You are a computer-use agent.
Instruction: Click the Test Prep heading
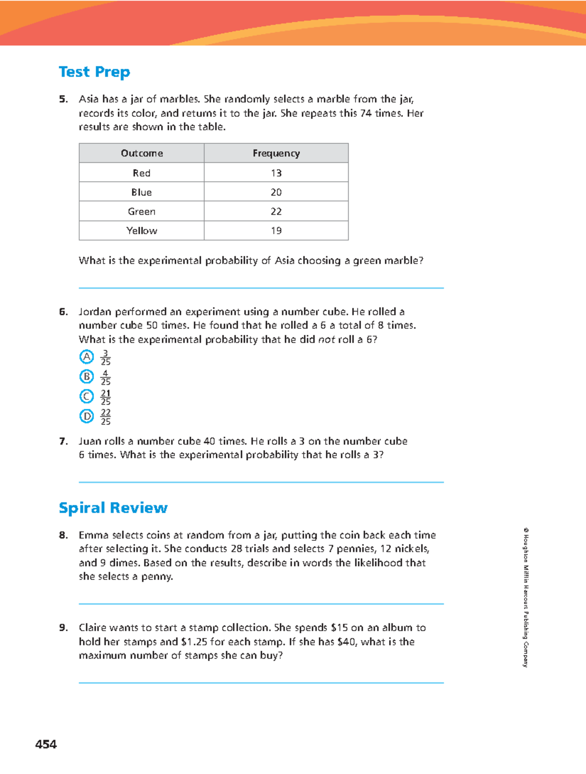[94, 72]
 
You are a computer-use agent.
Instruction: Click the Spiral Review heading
[113, 508]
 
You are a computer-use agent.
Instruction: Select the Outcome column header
[142, 154]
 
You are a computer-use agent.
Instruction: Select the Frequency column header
[276, 154]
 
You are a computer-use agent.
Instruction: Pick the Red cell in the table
[142, 173]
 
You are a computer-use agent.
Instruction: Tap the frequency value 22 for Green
[276, 211]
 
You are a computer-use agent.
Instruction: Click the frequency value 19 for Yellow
[276, 231]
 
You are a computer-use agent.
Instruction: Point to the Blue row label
[142, 192]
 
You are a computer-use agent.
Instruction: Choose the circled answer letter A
[86, 357]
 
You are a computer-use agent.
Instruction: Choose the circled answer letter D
[86, 416]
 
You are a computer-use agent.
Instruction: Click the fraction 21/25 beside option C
[105, 397]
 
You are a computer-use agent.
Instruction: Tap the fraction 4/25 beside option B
[105, 377]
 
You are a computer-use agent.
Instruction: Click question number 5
[63, 99]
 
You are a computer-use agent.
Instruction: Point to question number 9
[63, 628]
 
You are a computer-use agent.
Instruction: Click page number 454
[46, 744]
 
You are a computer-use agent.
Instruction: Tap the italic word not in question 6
[326, 339]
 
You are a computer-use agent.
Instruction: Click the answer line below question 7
[261, 482]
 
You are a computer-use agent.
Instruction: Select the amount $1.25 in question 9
[194, 641]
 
